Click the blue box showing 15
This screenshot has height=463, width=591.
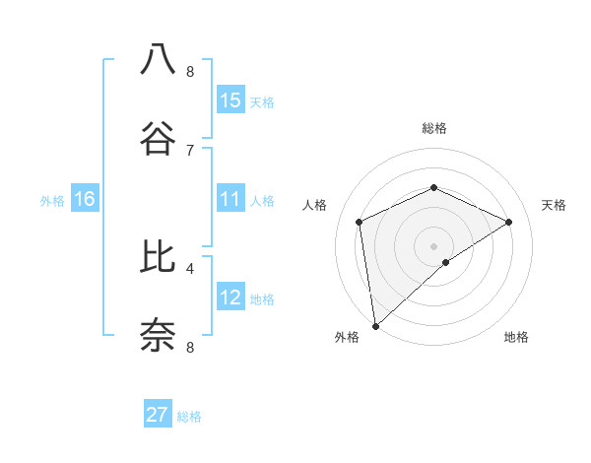tap(230, 100)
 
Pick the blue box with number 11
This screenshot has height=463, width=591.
tap(230, 200)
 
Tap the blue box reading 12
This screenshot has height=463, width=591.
tap(230, 298)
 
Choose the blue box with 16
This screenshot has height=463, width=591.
tap(85, 200)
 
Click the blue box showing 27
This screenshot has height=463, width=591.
tap(158, 415)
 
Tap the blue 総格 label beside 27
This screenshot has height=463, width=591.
tap(189, 417)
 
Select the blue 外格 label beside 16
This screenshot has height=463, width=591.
tap(52, 201)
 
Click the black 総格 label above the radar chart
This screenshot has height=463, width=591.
tap(433, 128)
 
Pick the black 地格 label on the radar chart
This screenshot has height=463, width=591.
tap(516, 337)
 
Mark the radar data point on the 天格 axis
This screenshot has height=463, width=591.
tap(509, 222)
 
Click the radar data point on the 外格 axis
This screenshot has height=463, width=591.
tap(375, 325)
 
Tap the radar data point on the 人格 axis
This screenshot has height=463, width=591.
tap(360, 222)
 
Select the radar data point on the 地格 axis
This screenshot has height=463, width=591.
tap(446, 262)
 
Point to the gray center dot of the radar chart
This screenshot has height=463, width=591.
tap(433, 245)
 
